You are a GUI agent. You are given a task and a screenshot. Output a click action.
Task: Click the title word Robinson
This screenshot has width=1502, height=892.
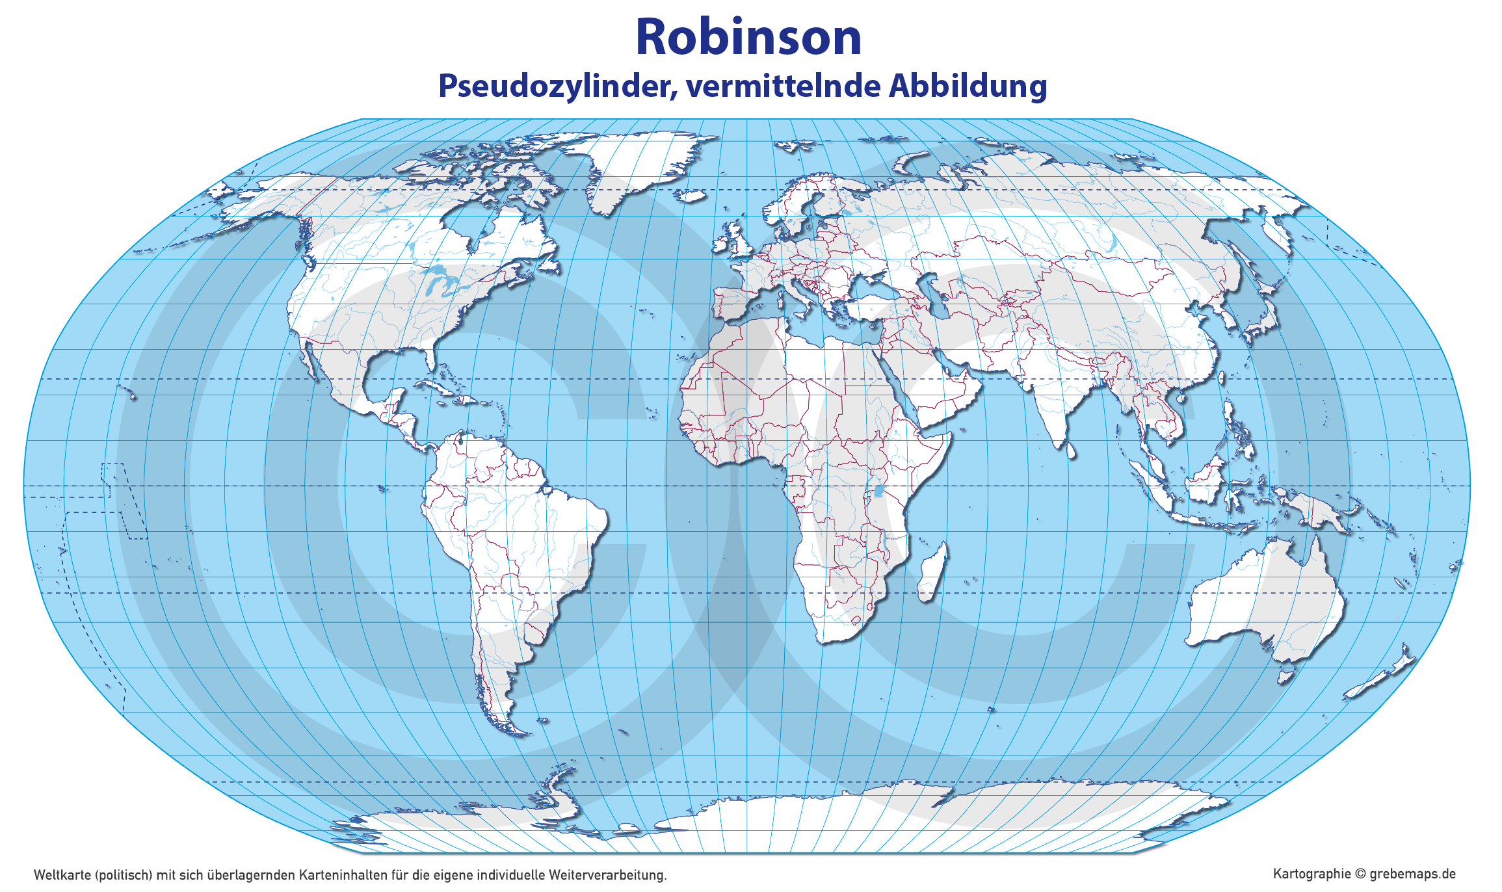(x=748, y=37)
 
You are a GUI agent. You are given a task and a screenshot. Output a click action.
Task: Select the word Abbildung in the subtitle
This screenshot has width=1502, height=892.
(x=968, y=86)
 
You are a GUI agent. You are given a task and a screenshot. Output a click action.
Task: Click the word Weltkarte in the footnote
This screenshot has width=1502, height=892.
(x=62, y=875)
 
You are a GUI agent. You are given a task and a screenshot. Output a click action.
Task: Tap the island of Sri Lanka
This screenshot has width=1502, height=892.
(x=1070, y=449)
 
